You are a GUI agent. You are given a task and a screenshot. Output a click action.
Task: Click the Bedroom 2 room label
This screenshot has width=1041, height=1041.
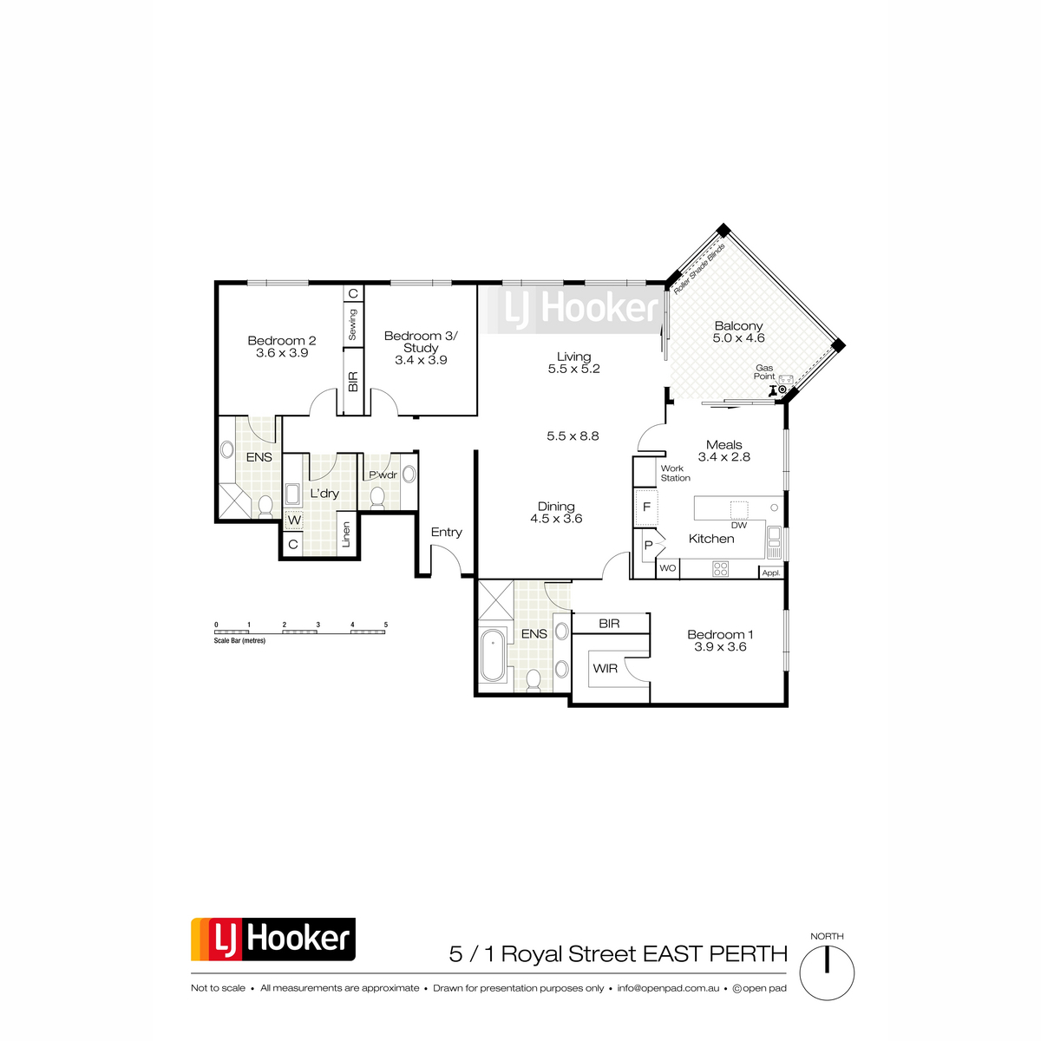282,341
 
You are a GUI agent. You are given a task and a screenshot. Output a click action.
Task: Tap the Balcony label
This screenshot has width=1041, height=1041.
738,326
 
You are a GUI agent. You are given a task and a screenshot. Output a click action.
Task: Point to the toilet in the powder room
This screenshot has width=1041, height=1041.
377,497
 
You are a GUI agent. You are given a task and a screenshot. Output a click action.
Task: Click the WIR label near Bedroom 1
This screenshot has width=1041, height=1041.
605,669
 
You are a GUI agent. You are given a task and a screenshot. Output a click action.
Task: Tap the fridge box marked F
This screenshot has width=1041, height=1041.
646,506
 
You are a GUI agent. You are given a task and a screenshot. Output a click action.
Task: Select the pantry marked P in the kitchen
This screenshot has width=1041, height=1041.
647,546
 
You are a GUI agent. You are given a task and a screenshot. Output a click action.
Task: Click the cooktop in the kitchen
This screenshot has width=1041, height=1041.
720,569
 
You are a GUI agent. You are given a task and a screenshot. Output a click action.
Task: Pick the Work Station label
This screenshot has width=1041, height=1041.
675,473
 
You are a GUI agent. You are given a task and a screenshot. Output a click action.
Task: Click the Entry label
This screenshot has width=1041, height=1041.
447,532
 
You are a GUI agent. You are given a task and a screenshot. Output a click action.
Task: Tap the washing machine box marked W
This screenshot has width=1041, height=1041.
294,520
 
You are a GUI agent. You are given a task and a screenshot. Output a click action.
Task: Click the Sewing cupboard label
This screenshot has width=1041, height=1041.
353,324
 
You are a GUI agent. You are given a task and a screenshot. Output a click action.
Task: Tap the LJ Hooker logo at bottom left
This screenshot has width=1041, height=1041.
273,939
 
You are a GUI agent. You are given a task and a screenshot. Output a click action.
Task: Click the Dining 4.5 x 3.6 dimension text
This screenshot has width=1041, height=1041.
556,519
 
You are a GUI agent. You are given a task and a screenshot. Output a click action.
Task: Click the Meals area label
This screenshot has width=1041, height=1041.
724,445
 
